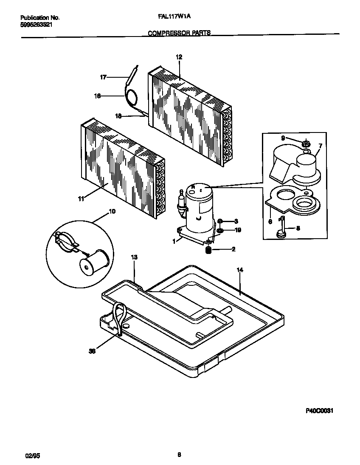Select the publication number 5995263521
[37, 25]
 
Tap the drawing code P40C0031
[318, 411]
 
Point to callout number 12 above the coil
[179, 57]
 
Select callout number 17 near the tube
[103, 77]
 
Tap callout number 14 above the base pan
[239, 270]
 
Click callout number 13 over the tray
[134, 257]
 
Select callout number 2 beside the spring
[233, 249]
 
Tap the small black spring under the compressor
[209, 251]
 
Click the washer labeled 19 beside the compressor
[220, 231]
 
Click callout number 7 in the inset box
[320, 146]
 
